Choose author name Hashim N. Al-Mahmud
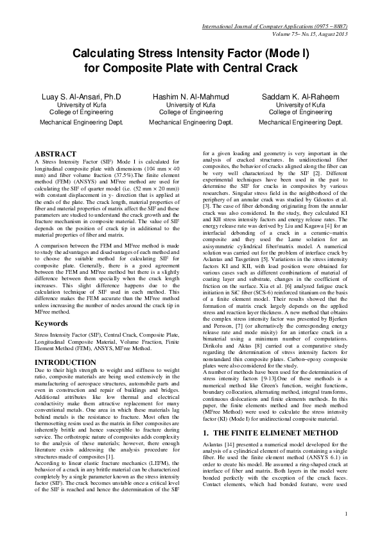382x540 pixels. (191, 96)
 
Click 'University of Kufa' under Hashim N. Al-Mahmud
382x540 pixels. (191, 104)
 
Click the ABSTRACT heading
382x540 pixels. (56, 154)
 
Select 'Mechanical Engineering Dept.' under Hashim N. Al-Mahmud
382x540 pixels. (191, 121)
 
